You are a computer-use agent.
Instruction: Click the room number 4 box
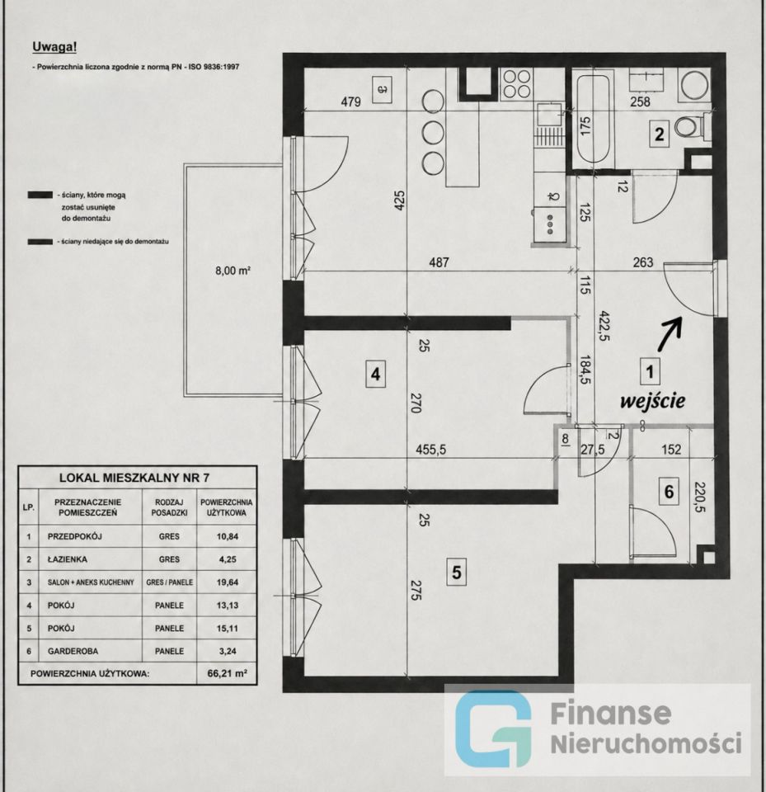pos(375,375)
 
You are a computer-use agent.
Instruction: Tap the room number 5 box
pos(457,573)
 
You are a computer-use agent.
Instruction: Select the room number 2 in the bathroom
pos(660,134)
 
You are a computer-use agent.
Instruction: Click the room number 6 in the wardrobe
pos(669,492)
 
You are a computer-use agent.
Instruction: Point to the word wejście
pos(652,401)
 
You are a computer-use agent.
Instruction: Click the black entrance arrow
pos(670,333)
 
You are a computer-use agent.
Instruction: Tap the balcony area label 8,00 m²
pos(233,271)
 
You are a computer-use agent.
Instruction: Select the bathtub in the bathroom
pos(593,119)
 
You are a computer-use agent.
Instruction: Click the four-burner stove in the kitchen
pos(517,84)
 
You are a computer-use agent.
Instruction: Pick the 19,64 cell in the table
pos(228,582)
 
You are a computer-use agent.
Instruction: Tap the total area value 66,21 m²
pos(228,673)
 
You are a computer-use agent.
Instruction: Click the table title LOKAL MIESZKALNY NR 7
pos(134,478)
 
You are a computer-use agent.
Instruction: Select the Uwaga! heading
pos(54,47)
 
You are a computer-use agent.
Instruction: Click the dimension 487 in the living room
pos(439,262)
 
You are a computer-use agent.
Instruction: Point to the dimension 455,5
pos(430,450)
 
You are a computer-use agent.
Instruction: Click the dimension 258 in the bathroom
pos(641,101)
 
